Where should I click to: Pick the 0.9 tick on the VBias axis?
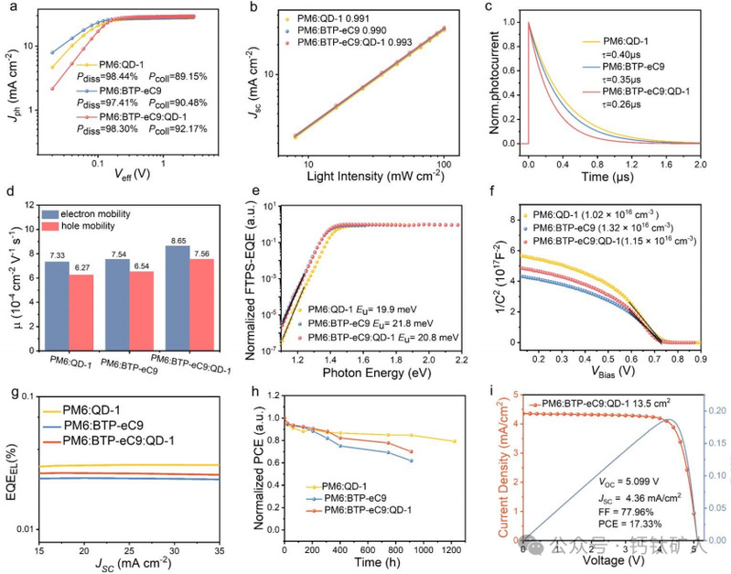(x=696, y=360)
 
